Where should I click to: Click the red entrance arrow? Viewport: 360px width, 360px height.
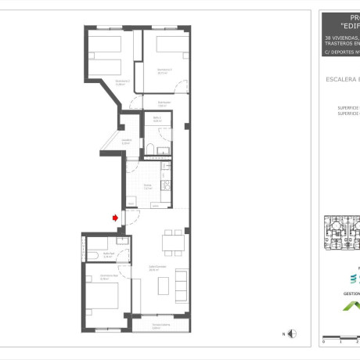[116, 218]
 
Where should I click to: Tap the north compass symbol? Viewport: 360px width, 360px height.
[291, 334]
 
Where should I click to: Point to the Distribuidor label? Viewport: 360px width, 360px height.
[164, 103]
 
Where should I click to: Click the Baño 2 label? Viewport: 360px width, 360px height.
[157, 119]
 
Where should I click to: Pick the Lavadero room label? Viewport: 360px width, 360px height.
[126, 142]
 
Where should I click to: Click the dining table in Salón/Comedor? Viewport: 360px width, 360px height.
[173, 243]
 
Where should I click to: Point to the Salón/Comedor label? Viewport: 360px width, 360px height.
[157, 268]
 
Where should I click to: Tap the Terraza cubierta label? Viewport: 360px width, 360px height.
[161, 325]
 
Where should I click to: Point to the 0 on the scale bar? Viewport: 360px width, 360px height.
[323, 342]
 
